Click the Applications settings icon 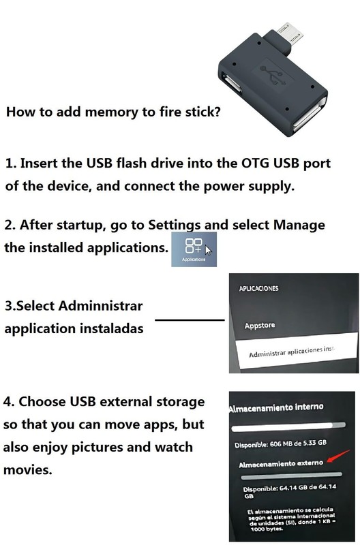coord(194,249)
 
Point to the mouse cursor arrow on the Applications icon coord(209,250)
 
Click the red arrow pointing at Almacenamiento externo coord(338,456)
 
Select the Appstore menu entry coord(260,326)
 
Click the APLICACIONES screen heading coord(258,288)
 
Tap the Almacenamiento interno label coord(276,407)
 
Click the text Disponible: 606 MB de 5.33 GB coord(280,444)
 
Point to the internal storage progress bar coord(288,427)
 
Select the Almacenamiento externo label coord(281,464)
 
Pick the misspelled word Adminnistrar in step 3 coord(100,306)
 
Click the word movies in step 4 coord(27,470)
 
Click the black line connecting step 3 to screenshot coord(190,320)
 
